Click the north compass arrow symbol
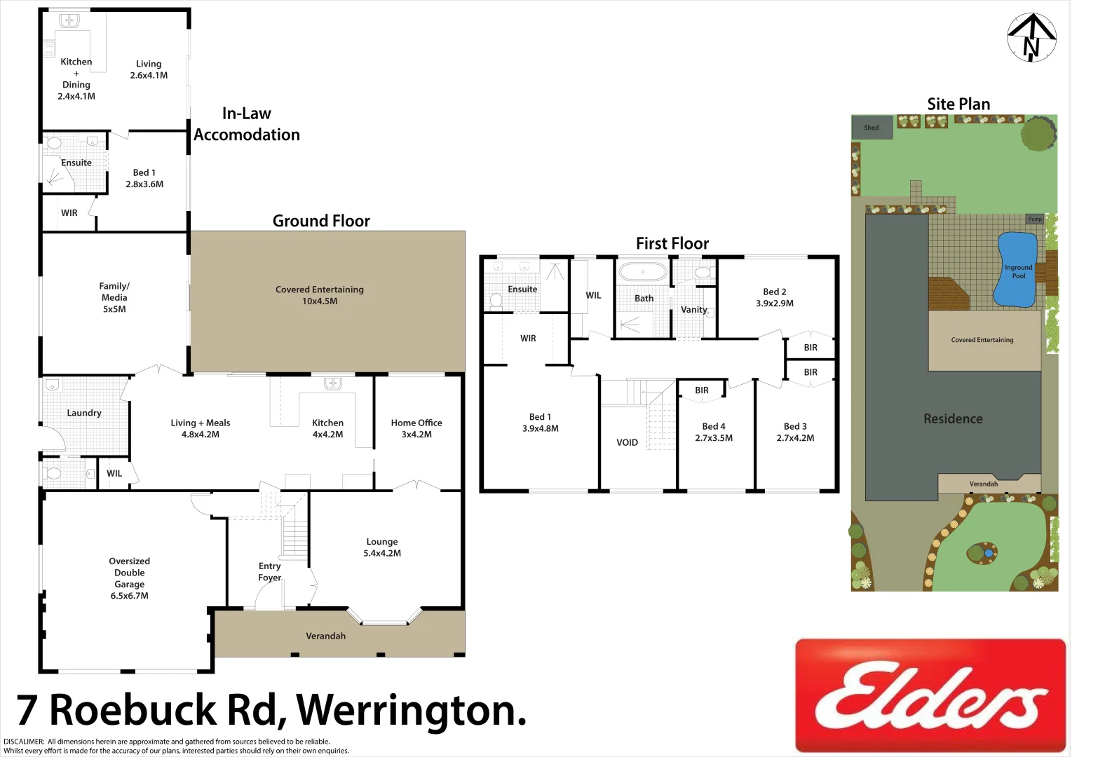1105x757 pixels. tap(1031, 37)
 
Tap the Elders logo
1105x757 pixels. tap(930, 695)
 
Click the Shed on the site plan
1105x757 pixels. tap(872, 128)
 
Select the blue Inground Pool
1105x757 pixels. tap(1016, 270)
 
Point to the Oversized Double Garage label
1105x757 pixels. tap(130, 578)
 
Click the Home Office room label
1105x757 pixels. tap(416, 428)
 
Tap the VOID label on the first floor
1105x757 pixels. tap(627, 442)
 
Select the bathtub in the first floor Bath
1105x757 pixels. tap(643, 271)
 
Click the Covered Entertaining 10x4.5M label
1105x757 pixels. tap(320, 295)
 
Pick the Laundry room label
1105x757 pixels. tap(84, 413)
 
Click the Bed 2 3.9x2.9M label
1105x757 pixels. tap(775, 297)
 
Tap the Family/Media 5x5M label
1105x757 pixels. tap(114, 297)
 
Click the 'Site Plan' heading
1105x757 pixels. tap(958, 104)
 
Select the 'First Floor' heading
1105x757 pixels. tap(672, 243)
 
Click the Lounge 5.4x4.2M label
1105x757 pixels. tap(382, 547)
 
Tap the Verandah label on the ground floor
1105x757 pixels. tap(325, 636)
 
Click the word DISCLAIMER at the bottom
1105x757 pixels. tap(24, 742)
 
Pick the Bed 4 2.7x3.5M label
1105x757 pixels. tap(714, 432)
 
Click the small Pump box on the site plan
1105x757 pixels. tap(1035, 219)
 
